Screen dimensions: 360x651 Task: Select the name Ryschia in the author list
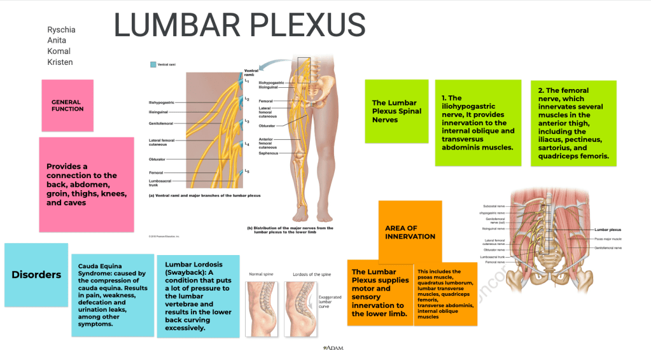click(x=60, y=30)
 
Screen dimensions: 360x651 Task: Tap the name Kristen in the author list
click(x=60, y=62)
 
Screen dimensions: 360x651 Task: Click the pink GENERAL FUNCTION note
click(x=67, y=106)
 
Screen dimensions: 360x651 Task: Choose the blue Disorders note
click(x=36, y=275)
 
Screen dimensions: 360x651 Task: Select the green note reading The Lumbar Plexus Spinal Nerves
click(x=395, y=111)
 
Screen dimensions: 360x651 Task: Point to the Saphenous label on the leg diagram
click(x=268, y=153)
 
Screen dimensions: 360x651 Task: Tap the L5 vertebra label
click(x=247, y=172)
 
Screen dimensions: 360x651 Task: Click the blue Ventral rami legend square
click(x=153, y=65)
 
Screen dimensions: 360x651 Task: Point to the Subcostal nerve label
click(x=494, y=206)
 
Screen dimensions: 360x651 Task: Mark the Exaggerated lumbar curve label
click(x=329, y=301)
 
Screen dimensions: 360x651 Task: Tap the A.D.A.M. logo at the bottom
click(x=333, y=348)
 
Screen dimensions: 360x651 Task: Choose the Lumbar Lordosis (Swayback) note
click(x=198, y=296)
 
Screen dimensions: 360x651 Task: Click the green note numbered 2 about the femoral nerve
click(x=573, y=123)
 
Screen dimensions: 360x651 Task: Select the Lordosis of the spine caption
click(x=311, y=274)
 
